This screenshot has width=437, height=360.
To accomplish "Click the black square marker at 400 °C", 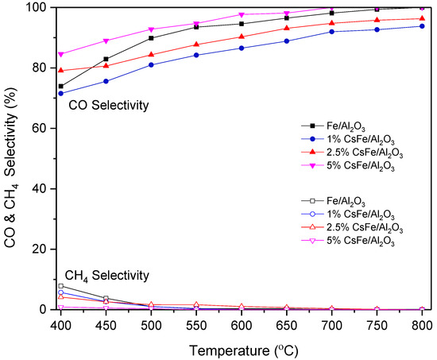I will point(61,86).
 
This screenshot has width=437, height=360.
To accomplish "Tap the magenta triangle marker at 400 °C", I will point(61,54).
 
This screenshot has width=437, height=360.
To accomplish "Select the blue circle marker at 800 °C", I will point(421,26).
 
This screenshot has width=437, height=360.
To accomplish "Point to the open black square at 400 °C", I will point(61,286).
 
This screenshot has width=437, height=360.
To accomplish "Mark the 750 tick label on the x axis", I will point(377,324).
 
